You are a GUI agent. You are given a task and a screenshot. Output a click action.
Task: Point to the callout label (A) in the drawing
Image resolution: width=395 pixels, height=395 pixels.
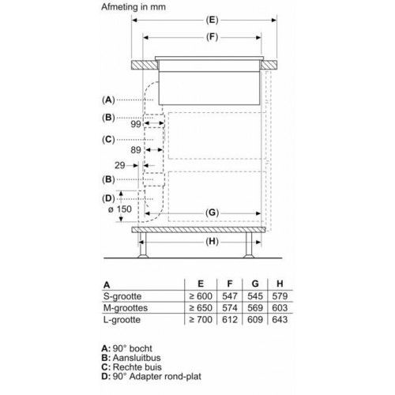[x=109, y=100]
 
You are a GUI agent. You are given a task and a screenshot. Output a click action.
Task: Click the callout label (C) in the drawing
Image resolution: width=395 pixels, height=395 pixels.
[x=109, y=140]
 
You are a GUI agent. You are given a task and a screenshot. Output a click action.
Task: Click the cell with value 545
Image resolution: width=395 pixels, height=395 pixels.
[x=254, y=295]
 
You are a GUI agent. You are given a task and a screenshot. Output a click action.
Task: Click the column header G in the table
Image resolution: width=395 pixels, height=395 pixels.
[x=254, y=282]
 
